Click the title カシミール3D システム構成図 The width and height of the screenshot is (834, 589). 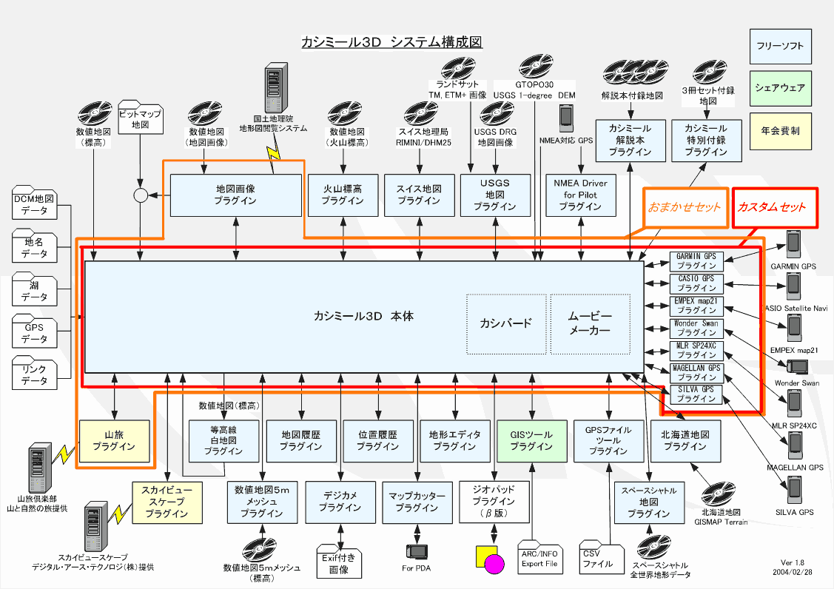click(x=392, y=41)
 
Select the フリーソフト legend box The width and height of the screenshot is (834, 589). click(x=780, y=46)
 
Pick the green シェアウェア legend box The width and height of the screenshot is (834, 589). click(x=780, y=88)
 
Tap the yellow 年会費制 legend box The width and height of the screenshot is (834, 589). click(x=780, y=130)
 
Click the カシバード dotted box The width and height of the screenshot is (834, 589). click(x=505, y=323)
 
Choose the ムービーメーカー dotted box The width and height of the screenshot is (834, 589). click(x=590, y=323)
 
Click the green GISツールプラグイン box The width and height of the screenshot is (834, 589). click(x=531, y=441)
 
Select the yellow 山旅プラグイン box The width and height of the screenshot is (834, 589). click(x=115, y=441)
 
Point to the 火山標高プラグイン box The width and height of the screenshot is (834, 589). click(x=343, y=195)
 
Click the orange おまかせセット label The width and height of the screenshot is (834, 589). click(x=685, y=207)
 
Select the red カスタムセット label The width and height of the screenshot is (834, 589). click(x=771, y=207)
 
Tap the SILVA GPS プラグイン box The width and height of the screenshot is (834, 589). click(x=696, y=394)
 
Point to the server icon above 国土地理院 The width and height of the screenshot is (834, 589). click(x=275, y=87)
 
